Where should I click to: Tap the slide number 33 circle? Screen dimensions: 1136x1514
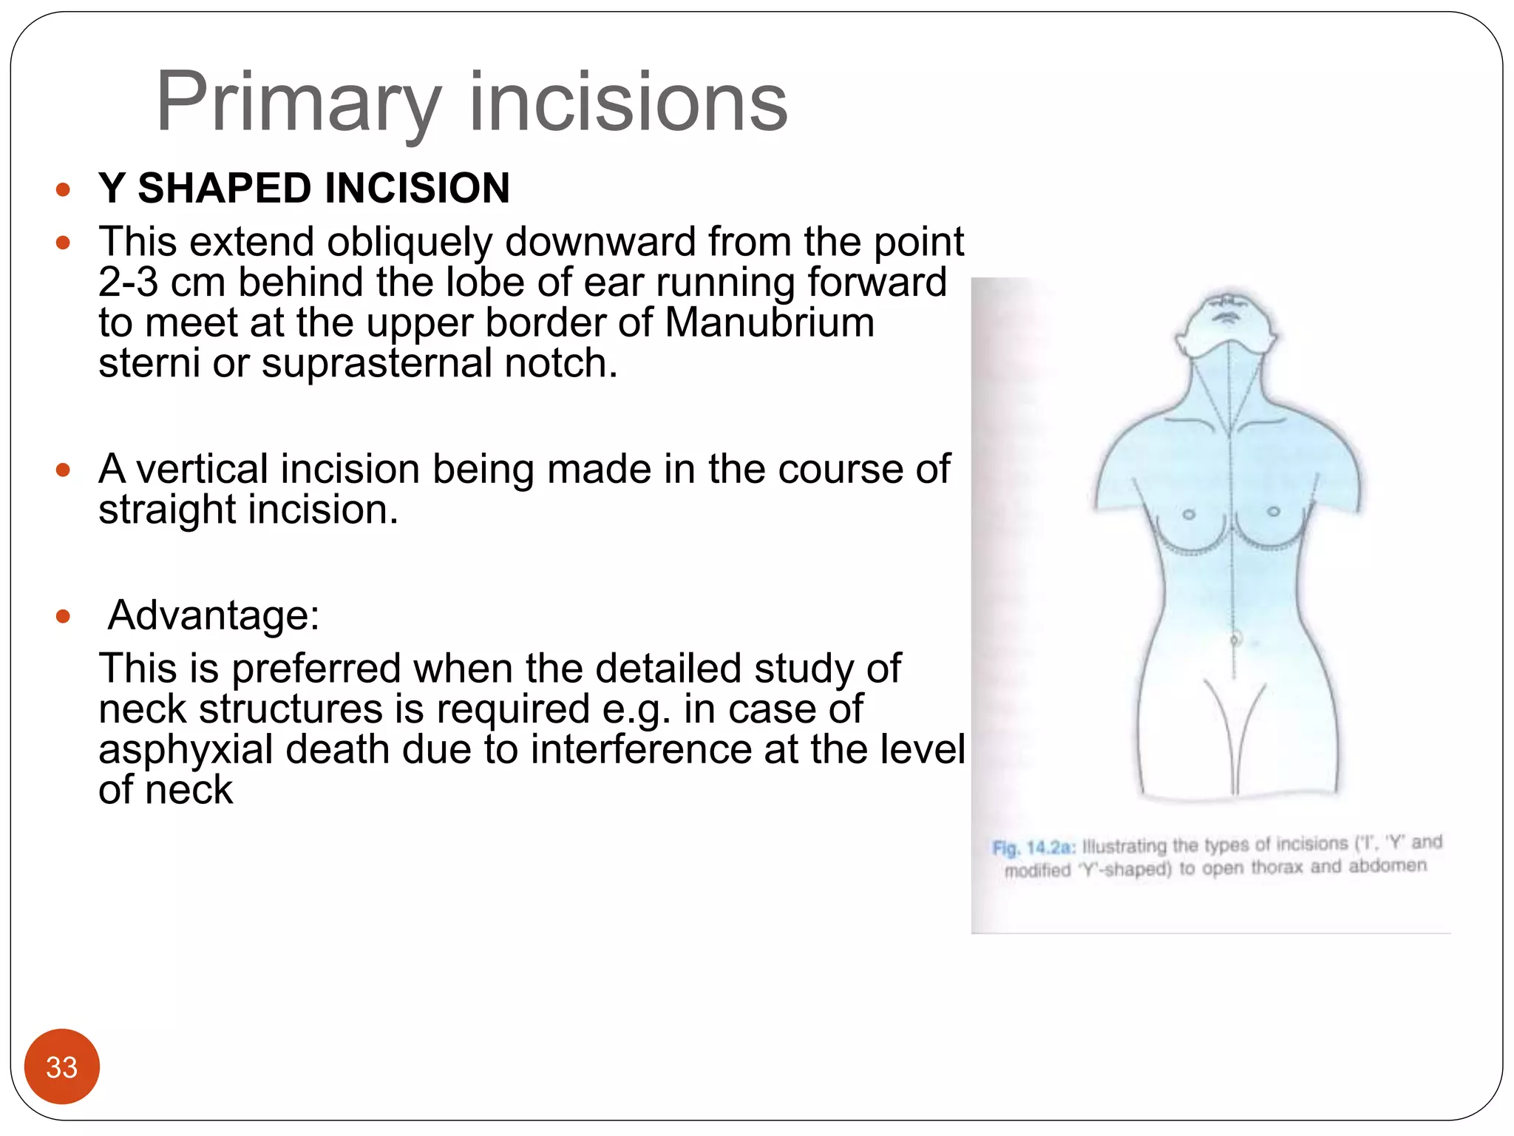61,1066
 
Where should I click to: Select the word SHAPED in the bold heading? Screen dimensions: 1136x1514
231,188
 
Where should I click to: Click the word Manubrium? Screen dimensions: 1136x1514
769,323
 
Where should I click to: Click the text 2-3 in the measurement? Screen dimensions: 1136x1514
128,283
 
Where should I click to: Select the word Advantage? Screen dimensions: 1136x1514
214,615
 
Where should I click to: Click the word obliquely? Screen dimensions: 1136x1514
410,243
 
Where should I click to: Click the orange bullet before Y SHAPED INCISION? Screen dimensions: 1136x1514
63,189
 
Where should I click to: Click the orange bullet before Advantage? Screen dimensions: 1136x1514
63,616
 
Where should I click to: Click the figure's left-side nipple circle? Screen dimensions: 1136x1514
1189,515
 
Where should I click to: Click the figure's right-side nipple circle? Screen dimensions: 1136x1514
1274,512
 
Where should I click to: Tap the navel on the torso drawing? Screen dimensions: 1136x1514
1235,639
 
